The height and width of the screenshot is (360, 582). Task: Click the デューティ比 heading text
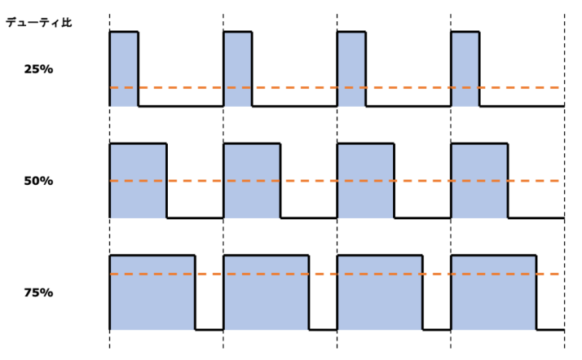(38, 23)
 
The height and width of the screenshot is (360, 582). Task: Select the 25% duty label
(38, 69)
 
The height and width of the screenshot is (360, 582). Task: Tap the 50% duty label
(38, 181)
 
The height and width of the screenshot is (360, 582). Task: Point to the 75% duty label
(38, 293)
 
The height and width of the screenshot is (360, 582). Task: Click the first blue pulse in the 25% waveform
(124, 69)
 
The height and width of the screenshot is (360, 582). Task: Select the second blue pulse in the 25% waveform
(237, 69)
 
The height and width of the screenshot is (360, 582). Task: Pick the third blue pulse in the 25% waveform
(351, 69)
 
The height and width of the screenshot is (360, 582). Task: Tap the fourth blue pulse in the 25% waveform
(465, 69)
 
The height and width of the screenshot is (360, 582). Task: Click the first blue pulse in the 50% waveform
(138, 181)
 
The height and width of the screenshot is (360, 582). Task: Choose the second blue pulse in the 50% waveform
(252, 181)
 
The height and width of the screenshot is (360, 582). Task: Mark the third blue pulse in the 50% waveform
(366, 181)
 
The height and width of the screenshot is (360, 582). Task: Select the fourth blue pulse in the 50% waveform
(479, 181)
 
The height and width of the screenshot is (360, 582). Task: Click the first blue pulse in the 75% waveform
(152, 292)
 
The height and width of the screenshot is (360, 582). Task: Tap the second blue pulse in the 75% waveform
(266, 292)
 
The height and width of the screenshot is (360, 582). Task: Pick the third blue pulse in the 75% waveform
(380, 292)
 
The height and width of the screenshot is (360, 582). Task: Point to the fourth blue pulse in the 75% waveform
(494, 292)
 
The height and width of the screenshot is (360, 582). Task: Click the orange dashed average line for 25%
(334, 87)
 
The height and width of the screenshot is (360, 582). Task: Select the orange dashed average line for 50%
(334, 181)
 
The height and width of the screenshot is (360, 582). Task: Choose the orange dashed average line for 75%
(334, 274)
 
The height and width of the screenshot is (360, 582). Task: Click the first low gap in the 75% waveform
(209, 329)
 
